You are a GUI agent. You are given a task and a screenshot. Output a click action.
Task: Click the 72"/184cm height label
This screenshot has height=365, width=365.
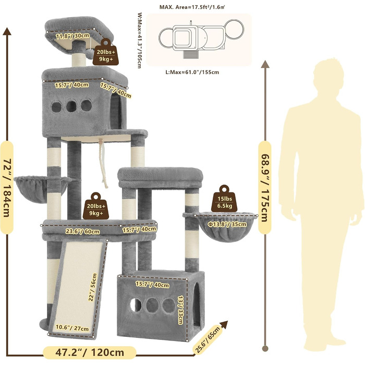click(7, 188)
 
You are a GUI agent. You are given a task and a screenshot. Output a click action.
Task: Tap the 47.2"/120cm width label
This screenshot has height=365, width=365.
click(90, 352)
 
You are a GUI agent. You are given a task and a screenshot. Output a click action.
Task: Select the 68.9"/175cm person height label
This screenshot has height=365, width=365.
click(265, 188)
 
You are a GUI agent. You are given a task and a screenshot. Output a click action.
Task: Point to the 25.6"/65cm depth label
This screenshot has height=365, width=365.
click(207, 336)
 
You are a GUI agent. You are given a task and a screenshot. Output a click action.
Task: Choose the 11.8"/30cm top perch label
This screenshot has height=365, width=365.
click(72, 36)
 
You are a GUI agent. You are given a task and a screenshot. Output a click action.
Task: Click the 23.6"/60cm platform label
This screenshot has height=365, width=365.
click(82, 232)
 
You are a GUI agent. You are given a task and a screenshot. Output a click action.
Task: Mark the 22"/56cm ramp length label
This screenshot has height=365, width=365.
click(92, 287)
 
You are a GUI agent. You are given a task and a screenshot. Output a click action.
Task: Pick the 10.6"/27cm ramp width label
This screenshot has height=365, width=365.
click(72, 328)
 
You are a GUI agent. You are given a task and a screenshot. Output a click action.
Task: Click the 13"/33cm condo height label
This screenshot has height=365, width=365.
click(180, 310)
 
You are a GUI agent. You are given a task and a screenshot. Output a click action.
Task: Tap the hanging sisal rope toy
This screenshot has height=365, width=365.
click(103, 163)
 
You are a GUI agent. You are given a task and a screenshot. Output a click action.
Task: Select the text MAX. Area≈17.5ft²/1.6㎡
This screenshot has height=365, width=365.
click(192, 7)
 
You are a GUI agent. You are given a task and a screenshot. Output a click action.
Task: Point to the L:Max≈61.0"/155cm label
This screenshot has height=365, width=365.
click(192, 72)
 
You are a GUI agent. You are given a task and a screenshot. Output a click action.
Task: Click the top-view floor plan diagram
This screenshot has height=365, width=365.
click(201, 39)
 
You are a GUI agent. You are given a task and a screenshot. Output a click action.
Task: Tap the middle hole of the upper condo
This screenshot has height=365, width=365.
click(71, 106)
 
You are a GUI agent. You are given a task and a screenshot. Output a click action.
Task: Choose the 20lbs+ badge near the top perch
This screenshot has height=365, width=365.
click(106, 52)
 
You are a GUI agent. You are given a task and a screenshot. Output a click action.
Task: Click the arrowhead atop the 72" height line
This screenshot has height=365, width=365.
click(7, 31)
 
